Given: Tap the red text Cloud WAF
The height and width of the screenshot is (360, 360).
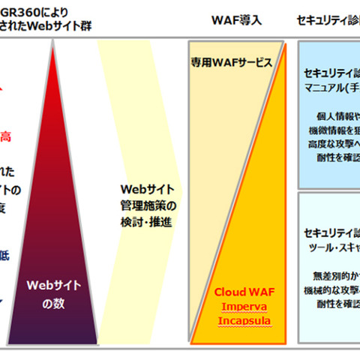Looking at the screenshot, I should tap(241, 291).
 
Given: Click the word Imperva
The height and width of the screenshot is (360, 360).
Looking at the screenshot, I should tap(241, 306).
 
